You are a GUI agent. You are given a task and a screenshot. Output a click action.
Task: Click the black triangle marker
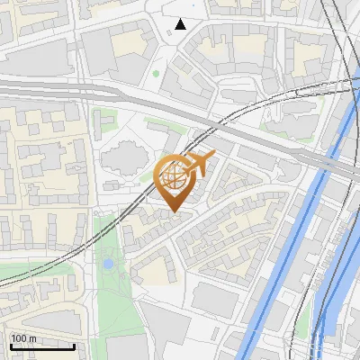tap(181, 24)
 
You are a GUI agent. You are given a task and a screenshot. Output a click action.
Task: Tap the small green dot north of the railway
tap(156, 73)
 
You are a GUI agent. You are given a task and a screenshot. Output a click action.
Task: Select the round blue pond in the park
tap(109, 265)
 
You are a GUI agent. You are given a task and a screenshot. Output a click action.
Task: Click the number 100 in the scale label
tap(21, 338)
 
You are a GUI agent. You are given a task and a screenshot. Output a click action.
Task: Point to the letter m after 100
tap(33, 338)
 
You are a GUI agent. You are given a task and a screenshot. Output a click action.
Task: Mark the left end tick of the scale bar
tap(10, 345)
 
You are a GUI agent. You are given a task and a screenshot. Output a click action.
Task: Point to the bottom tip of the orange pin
tap(174, 212)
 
